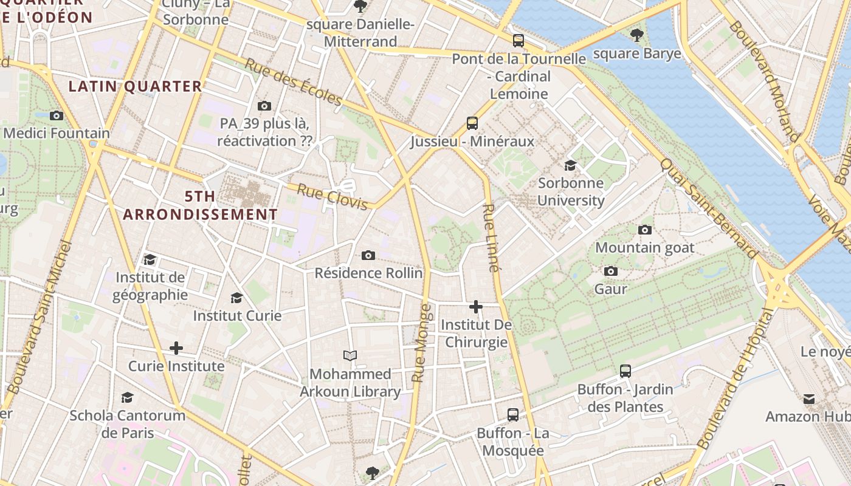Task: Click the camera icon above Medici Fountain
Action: (x=57, y=115)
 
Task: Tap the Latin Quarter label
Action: (x=135, y=86)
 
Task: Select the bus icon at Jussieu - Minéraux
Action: (x=472, y=123)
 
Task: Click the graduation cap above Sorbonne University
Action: (x=570, y=165)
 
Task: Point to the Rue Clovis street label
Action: (x=332, y=197)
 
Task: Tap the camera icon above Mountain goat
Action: (x=645, y=230)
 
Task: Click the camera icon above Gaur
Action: (x=611, y=271)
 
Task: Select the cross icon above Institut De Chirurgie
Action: (x=476, y=307)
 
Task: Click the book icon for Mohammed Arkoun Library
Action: (x=350, y=355)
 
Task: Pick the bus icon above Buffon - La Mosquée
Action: (x=513, y=415)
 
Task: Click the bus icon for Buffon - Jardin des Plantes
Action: (x=625, y=371)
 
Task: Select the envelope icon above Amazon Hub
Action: (x=809, y=399)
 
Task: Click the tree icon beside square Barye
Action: (x=637, y=35)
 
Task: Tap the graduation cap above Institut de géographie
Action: (x=150, y=260)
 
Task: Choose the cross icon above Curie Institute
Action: (x=176, y=348)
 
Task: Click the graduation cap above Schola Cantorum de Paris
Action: (x=127, y=397)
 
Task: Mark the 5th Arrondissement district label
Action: (x=201, y=205)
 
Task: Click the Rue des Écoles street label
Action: (x=294, y=82)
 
